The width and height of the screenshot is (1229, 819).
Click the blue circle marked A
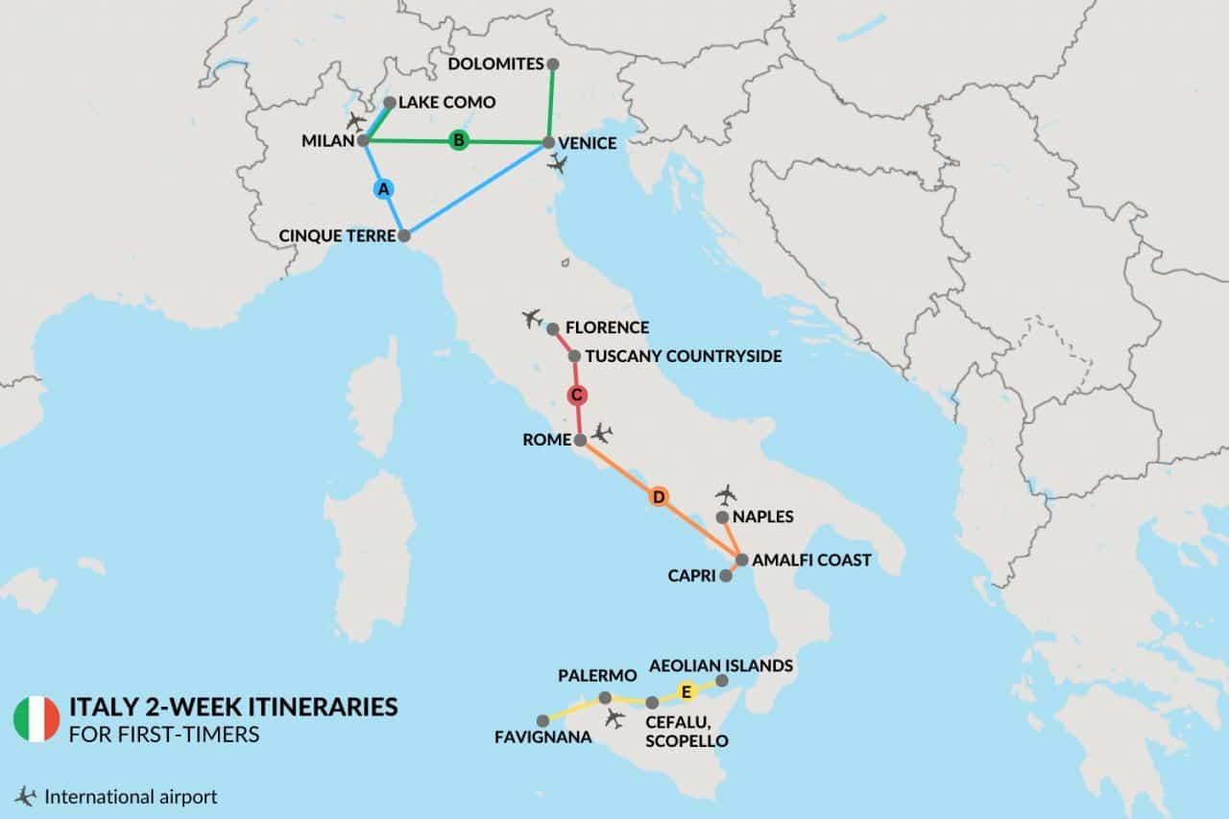tap(383, 189)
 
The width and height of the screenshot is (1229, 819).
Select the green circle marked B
tap(459, 141)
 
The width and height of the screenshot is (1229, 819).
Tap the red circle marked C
tap(577, 395)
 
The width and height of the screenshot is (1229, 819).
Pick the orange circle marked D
tap(659, 496)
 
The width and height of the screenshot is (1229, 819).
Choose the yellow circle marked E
tap(686, 690)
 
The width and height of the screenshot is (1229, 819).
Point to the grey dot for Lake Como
tap(389, 102)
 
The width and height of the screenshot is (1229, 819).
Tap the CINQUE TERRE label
tap(335, 235)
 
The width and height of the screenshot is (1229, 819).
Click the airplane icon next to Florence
tap(531, 318)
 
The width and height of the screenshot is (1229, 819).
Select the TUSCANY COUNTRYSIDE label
tap(683, 356)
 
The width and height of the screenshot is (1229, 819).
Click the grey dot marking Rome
tap(580, 440)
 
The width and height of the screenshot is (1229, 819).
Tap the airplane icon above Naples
tap(726, 494)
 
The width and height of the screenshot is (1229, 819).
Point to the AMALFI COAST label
tap(810, 560)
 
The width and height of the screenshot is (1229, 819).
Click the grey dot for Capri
tap(726, 576)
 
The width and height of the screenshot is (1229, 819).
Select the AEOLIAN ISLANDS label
tap(721, 664)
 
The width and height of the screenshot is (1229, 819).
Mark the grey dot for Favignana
tap(542, 720)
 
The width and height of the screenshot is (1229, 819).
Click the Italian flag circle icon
tap(36, 717)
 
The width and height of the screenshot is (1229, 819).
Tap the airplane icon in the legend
tap(25, 796)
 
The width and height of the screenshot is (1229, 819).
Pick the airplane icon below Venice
tap(557, 164)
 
